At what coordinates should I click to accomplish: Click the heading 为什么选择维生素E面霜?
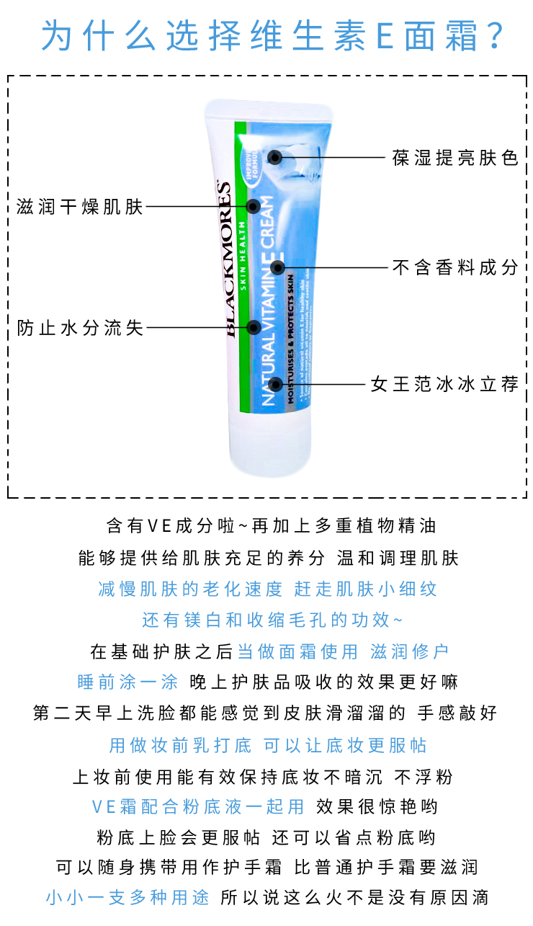pos(266,34)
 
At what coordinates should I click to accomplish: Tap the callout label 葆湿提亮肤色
pos(455,158)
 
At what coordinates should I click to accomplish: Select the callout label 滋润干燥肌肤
pos(80,208)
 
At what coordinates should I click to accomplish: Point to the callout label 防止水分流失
pos(80,328)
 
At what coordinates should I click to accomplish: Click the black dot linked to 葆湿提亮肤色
pos(274,157)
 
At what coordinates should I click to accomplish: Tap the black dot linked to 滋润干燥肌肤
pos(253,207)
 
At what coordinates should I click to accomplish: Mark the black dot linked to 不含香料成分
pos(277,268)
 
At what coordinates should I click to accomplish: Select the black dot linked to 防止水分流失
pos(254,327)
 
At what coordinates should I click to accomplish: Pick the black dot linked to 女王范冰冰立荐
pos(274,383)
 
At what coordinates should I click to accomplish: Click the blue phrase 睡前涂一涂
pos(127,682)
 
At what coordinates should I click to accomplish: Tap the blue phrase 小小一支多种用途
pos(127,898)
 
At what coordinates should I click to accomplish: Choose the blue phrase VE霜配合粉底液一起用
pos(198,806)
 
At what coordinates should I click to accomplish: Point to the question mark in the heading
pos(496,35)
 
